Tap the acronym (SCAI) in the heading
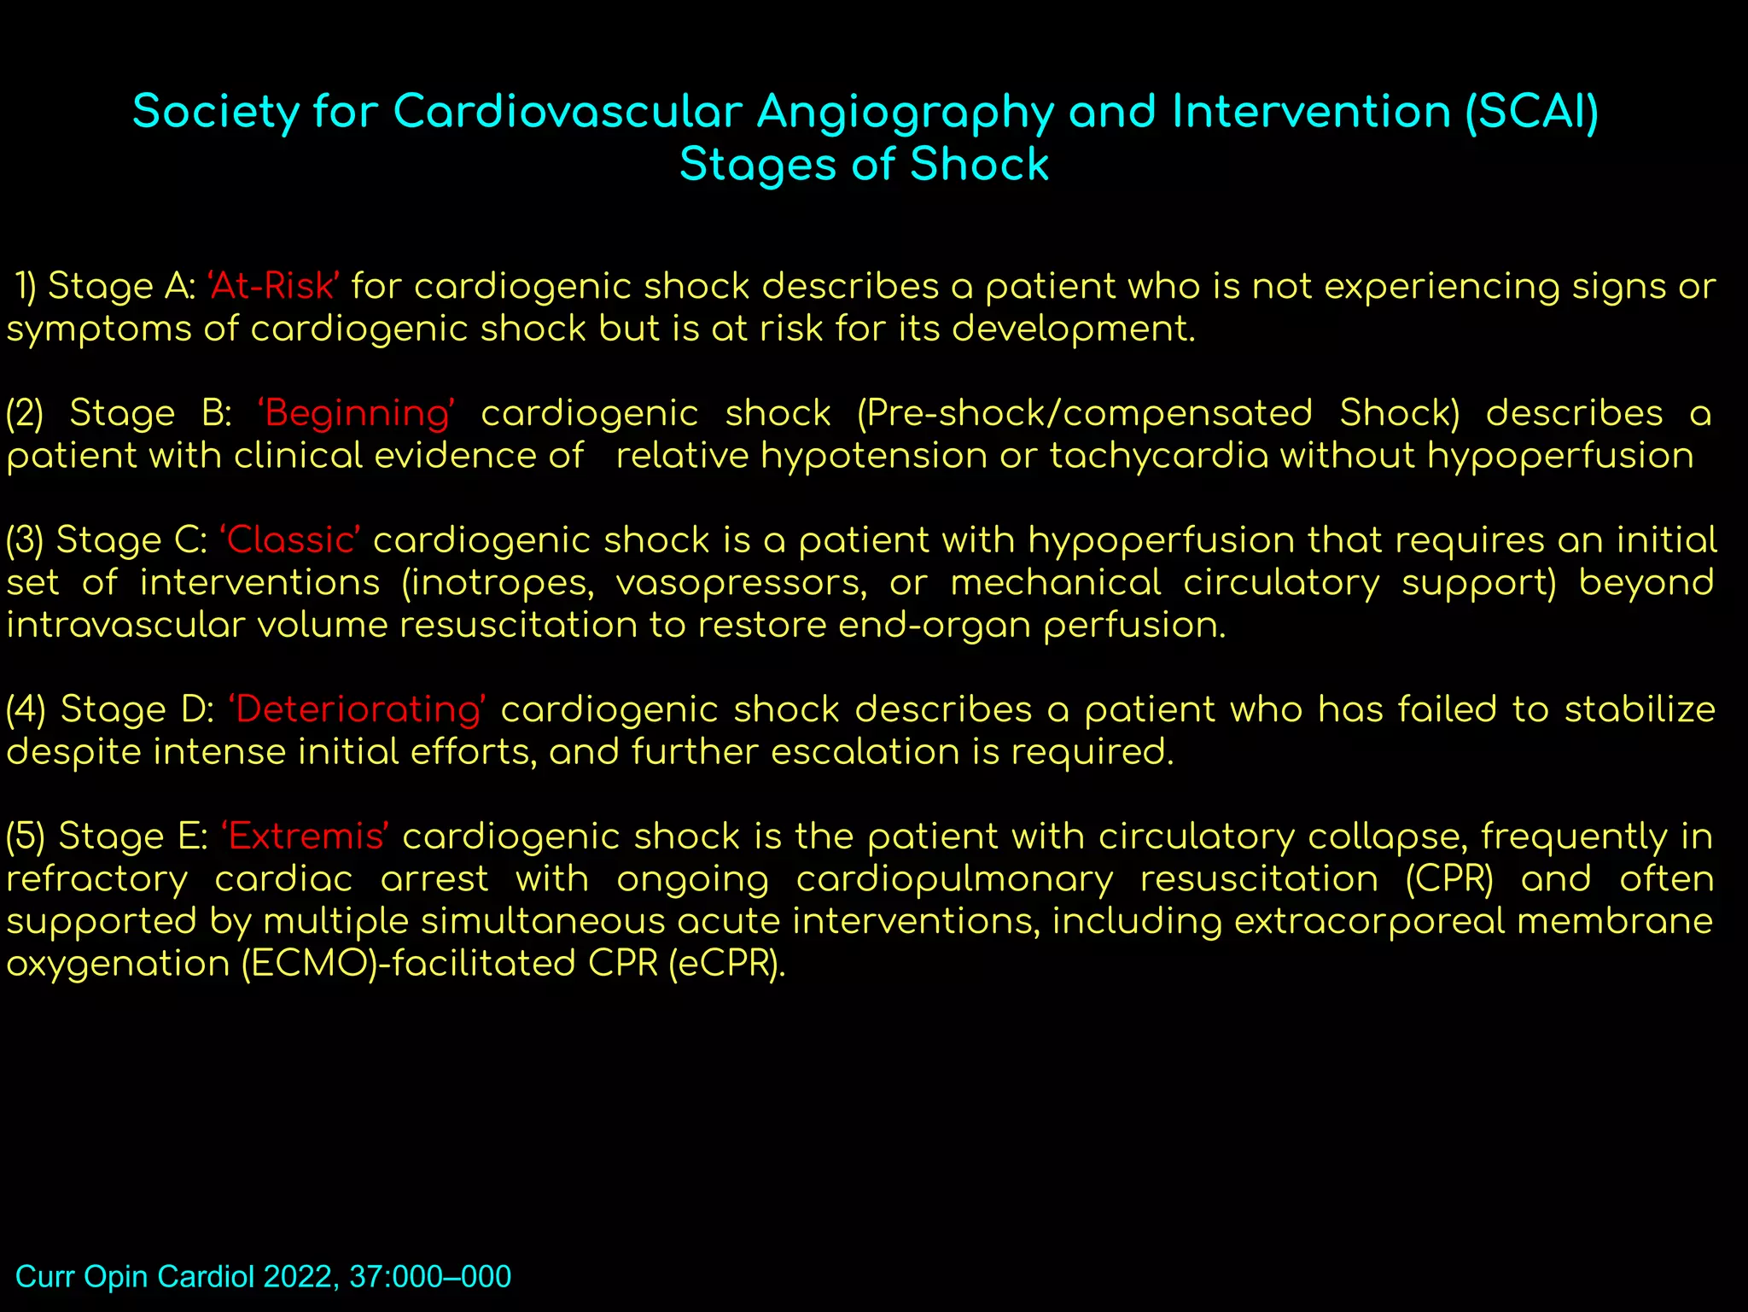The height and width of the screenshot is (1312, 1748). tap(1531, 112)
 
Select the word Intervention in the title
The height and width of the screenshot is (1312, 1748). tap(1311, 112)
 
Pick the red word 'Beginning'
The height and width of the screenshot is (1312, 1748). tap(356, 414)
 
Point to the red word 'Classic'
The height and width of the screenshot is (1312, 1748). tap(290, 540)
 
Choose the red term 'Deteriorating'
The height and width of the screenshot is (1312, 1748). tap(358, 710)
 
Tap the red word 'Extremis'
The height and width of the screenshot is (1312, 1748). tap(306, 837)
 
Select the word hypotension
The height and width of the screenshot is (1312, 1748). tap(873, 456)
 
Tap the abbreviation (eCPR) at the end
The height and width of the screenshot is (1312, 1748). tap(726, 964)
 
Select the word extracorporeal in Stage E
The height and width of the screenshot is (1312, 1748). tap(1369, 921)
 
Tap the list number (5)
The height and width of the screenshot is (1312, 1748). tap(26, 837)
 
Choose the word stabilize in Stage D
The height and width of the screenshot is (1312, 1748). tap(1639, 710)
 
